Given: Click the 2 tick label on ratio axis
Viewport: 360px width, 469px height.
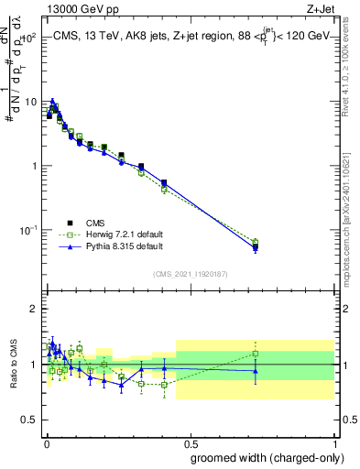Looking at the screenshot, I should pos(35,309).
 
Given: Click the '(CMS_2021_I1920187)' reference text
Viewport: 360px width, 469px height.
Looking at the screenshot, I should pos(190,273).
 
